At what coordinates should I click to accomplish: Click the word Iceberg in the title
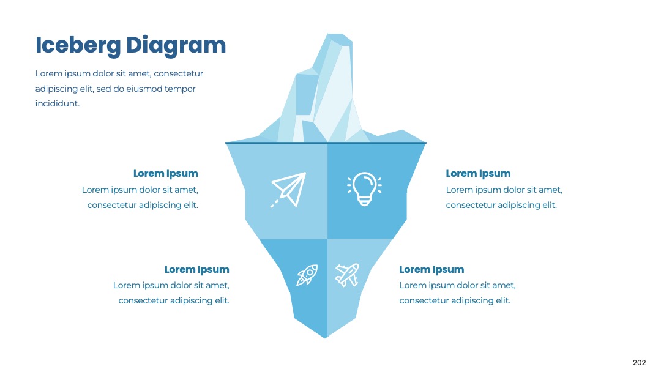coord(78,45)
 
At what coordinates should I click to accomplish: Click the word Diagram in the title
coord(176,45)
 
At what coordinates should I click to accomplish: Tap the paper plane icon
coord(288,190)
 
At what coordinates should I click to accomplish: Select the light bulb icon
coord(364,188)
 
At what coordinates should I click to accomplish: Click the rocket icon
coord(307,275)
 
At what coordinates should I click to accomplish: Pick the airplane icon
coord(347,275)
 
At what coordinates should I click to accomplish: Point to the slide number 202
coord(639,363)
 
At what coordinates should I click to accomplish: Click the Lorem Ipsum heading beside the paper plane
coord(166,174)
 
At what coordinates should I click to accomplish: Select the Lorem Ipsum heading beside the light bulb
coord(478,174)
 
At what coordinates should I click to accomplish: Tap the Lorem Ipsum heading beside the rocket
coord(197,270)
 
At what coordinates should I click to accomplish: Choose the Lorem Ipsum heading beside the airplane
coord(431,270)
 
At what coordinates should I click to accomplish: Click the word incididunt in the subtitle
coord(58,103)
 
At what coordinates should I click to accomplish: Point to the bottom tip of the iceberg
coord(326,338)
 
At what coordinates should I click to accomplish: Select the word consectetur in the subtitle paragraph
coord(178,73)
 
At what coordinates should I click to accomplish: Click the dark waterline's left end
coord(226,143)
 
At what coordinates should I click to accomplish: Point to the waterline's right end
coord(426,143)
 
